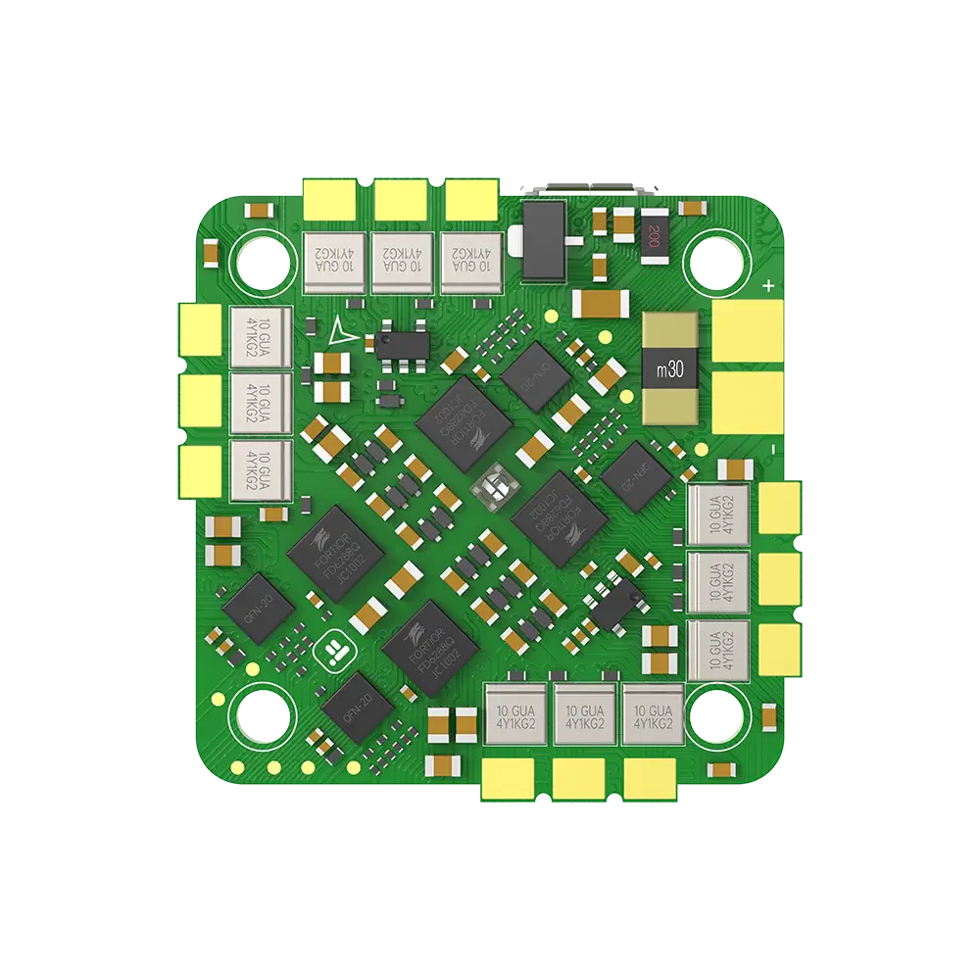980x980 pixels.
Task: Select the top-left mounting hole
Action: coord(261,260)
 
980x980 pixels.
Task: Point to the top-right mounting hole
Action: coord(720,261)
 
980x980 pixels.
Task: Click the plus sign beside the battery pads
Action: coord(769,286)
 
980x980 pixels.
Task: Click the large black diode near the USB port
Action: coord(545,239)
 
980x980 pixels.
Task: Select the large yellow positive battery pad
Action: coord(747,330)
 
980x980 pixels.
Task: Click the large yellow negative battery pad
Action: coord(747,402)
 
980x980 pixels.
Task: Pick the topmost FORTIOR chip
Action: coord(465,422)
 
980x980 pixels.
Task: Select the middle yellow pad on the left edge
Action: coord(201,399)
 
